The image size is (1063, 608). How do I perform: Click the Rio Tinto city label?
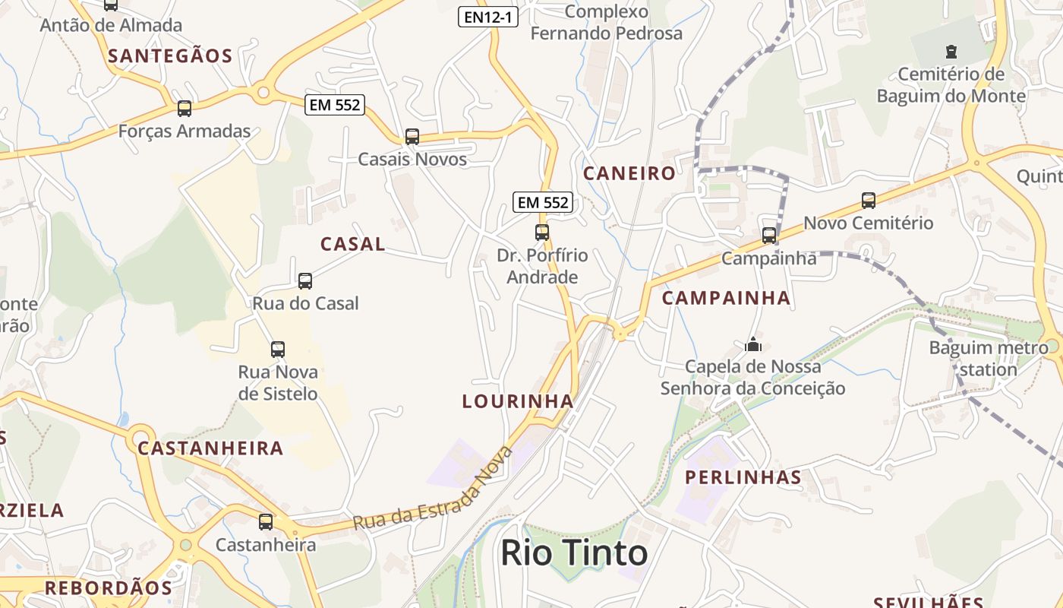(574, 553)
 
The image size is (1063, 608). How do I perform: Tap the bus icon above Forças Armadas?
(185, 109)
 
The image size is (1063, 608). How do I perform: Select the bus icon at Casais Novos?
(412, 137)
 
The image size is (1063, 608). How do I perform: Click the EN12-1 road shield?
(488, 17)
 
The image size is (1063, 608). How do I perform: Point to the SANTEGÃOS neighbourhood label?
(170, 55)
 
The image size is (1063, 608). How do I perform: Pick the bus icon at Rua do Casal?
(305, 281)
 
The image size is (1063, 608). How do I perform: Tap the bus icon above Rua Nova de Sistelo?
(278, 350)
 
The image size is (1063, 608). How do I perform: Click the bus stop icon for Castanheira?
(266, 522)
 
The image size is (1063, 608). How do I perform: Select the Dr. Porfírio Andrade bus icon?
(542, 233)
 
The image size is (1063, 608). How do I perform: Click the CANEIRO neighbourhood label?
(629, 173)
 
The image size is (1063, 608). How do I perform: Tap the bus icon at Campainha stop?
(769, 236)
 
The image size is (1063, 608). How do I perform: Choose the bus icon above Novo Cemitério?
(869, 201)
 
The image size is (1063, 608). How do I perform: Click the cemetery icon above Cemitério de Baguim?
(951, 52)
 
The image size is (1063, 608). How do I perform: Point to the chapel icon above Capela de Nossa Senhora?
(753, 345)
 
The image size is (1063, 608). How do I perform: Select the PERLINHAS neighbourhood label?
(743, 477)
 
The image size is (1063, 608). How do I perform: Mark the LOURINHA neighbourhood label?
(518, 401)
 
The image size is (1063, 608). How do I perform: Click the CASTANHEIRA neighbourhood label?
(210, 448)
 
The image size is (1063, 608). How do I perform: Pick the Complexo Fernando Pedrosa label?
(606, 23)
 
